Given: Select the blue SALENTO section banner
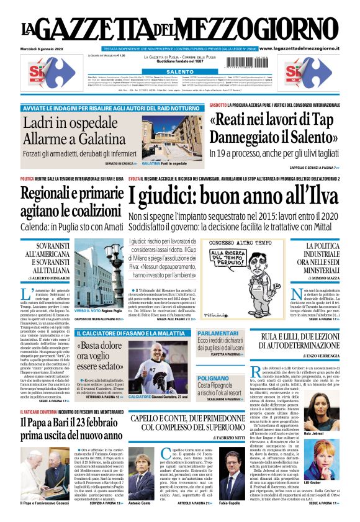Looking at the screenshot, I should click(x=179, y=72).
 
